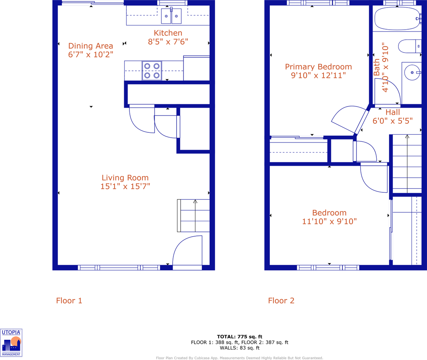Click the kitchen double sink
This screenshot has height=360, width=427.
coord(171,16)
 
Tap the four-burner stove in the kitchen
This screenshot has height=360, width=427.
coord(152,70)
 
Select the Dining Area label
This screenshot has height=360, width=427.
coord(90,46)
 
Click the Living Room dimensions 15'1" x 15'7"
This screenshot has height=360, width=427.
coord(125,186)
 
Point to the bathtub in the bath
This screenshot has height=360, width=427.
coord(397,18)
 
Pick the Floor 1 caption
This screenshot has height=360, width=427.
coord(69,301)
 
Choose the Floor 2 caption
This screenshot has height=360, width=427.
coord(281,301)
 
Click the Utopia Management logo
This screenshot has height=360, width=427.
coord(11,343)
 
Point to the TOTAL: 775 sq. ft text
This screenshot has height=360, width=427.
coord(239,336)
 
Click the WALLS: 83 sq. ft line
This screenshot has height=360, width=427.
coord(239,348)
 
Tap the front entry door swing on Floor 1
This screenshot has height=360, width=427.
coord(188,251)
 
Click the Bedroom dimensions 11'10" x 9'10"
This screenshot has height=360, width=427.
coord(329,222)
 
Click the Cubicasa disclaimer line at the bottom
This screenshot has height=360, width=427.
coord(239,358)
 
